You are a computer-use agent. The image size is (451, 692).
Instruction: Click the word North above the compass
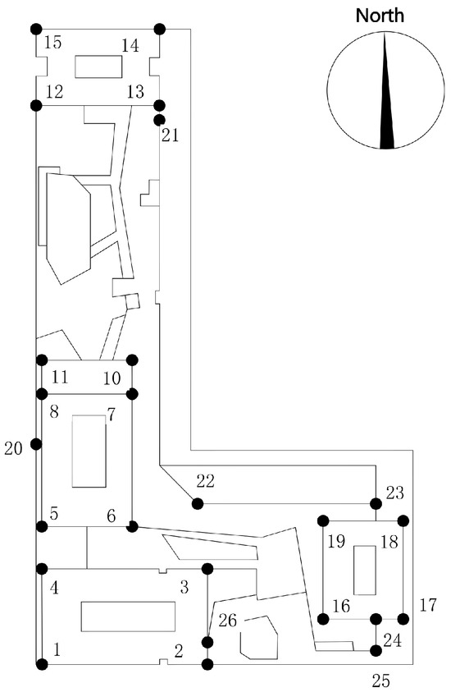[x=380, y=16]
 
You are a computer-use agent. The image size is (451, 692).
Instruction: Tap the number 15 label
[x=53, y=43]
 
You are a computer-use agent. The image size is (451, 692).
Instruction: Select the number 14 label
[x=130, y=45]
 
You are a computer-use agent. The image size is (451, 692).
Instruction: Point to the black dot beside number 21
[x=159, y=120]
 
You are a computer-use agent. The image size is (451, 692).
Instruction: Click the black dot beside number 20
[x=36, y=444]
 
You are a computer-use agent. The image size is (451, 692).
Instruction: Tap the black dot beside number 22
[x=198, y=502]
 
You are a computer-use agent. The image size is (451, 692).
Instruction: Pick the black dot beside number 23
[x=376, y=503]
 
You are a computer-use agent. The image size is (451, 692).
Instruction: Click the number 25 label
[x=381, y=681]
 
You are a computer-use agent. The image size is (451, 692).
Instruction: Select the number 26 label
[x=228, y=621]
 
